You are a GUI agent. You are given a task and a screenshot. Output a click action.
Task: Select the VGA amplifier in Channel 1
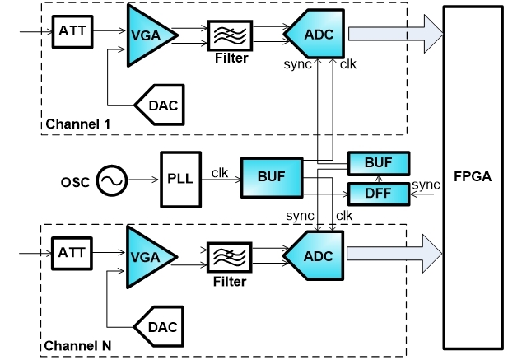click(x=147, y=34)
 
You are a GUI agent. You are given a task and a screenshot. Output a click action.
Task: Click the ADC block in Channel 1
click(x=314, y=34)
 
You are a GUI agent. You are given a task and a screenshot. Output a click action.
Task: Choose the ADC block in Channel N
click(x=314, y=255)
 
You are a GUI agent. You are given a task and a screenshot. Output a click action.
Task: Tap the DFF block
click(x=378, y=194)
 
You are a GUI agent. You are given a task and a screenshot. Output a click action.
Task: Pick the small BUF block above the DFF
click(x=378, y=163)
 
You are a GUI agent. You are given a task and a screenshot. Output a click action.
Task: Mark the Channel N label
click(x=77, y=344)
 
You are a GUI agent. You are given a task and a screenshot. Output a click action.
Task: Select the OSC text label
click(x=75, y=180)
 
